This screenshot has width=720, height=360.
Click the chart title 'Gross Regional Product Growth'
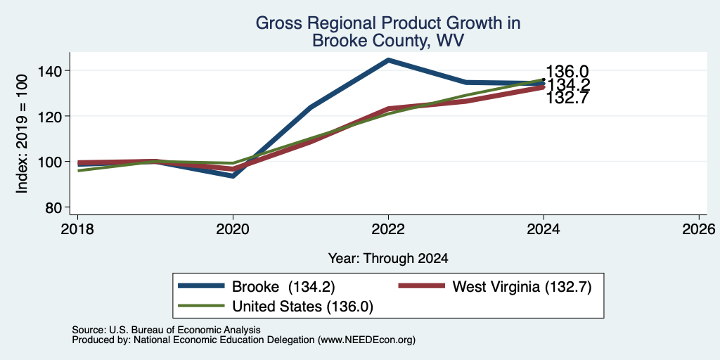click(x=387, y=23)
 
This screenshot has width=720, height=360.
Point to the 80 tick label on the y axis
click(x=53, y=208)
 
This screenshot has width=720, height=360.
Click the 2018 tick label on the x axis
click(x=77, y=229)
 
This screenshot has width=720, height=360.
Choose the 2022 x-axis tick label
click(x=388, y=229)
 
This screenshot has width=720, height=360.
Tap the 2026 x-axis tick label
click(x=699, y=229)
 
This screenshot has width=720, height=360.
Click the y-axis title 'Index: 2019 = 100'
click(x=22, y=134)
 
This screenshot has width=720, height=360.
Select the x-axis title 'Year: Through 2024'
click(x=388, y=259)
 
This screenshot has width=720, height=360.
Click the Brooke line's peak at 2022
click(x=388, y=60)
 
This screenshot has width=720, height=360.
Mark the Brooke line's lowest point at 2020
click(x=233, y=176)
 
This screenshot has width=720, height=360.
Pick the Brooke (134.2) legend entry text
click(x=283, y=287)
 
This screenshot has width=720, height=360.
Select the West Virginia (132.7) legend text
click(x=522, y=287)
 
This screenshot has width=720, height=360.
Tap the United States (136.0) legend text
click(x=302, y=307)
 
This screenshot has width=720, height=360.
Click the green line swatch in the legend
click(x=202, y=306)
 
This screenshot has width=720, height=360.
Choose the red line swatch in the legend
click(x=422, y=286)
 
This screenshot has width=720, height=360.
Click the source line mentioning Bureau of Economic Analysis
click(x=166, y=330)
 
